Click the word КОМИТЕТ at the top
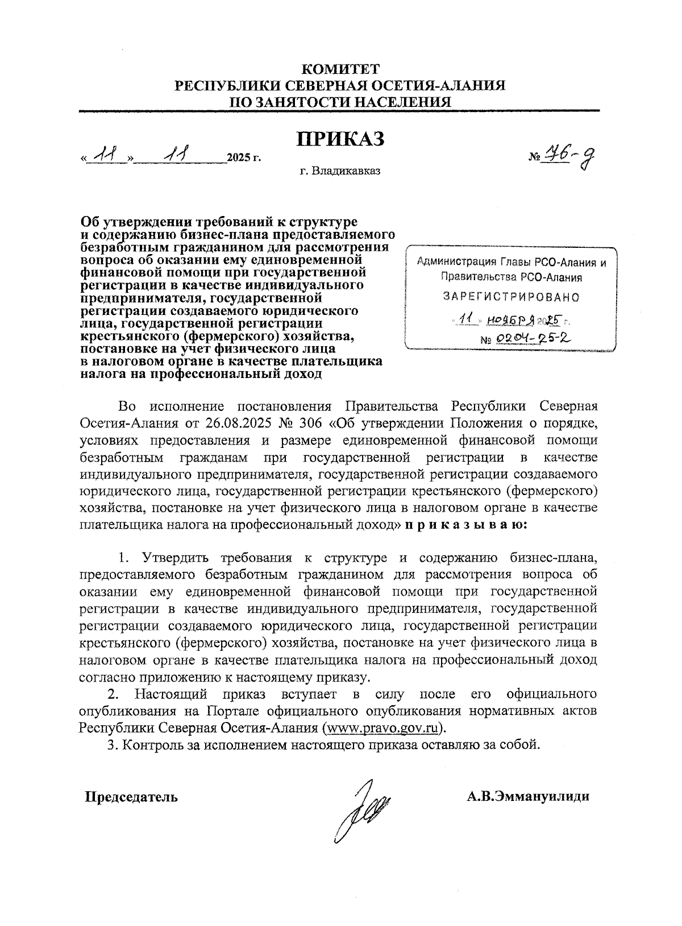[x=340, y=69]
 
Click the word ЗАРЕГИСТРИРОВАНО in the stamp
[x=511, y=297]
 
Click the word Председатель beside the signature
[x=131, y=796]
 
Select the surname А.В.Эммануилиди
[x=528, y=796]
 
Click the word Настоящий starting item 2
[x=172, y=694]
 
